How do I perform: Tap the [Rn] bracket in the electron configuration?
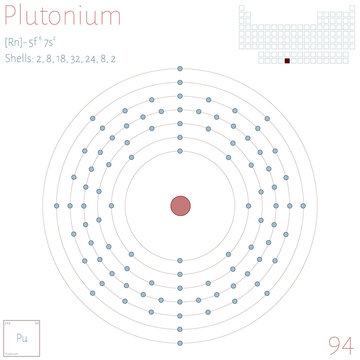12,45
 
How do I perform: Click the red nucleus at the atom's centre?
180,205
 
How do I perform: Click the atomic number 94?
339,340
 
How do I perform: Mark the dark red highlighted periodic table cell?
287,60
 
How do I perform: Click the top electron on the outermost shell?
180,68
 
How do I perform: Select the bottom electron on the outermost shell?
180,342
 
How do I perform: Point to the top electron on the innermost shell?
180,163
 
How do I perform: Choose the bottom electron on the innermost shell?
180,247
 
